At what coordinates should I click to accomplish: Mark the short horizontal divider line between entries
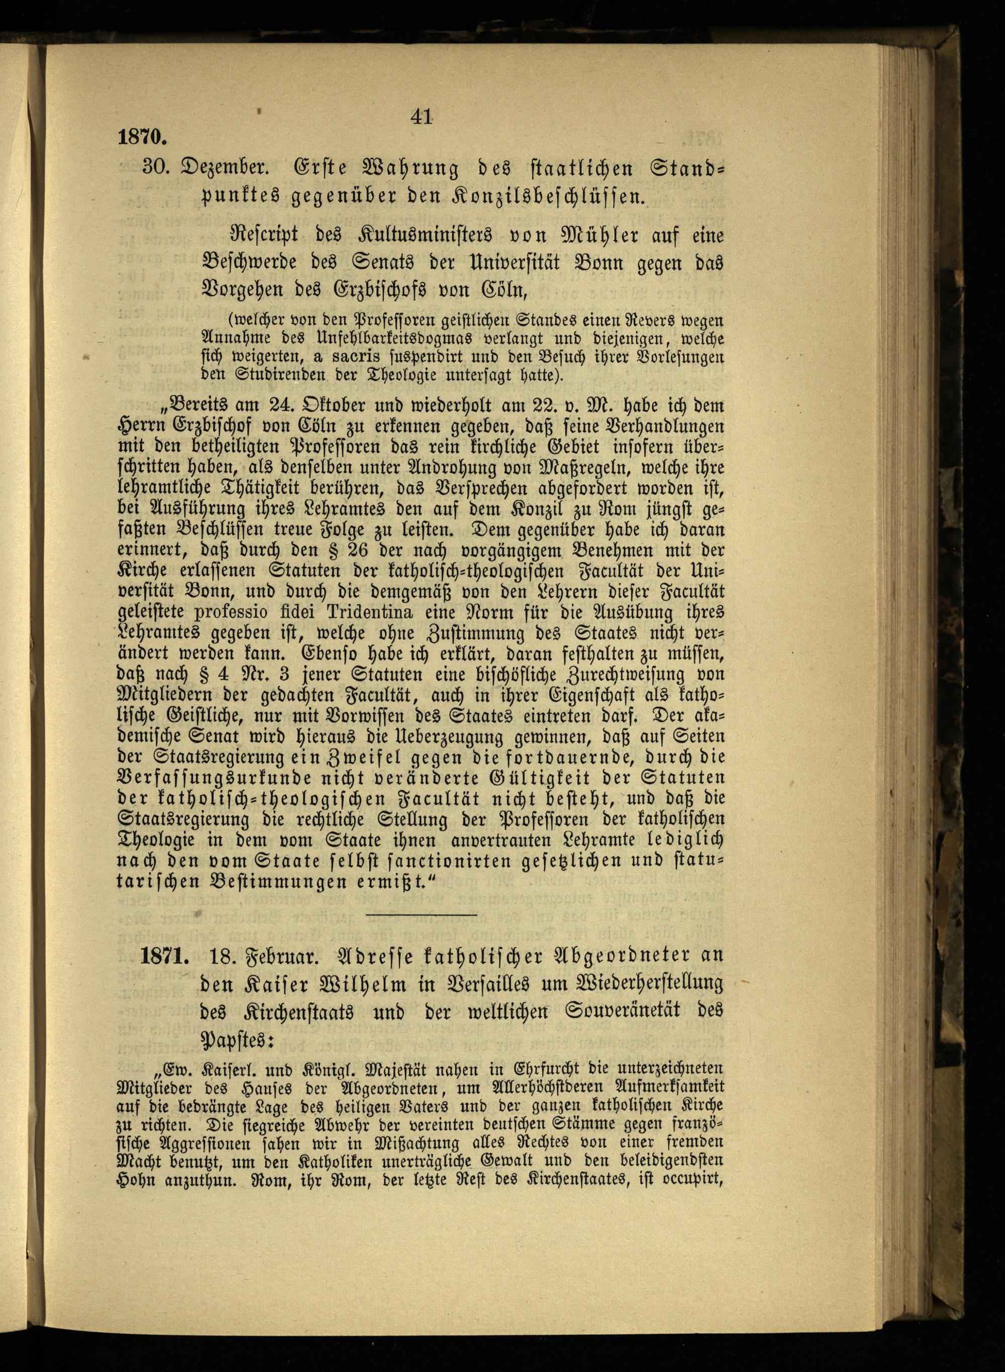422,914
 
